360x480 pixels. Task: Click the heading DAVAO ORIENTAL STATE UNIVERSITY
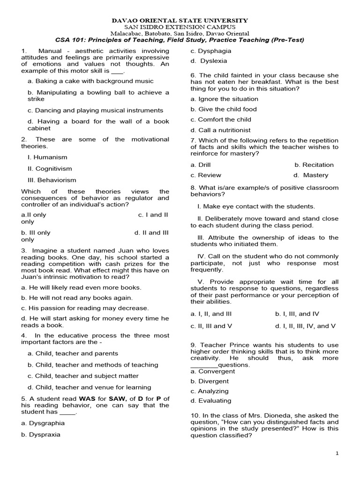pos(180,21)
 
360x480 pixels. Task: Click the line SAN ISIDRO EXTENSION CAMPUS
pos(180,27)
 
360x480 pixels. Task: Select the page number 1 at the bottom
pos(337,454)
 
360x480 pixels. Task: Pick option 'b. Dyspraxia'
pos(41,434)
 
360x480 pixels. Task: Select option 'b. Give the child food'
pos(224,109)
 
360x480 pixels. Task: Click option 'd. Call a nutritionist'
pos(220,130)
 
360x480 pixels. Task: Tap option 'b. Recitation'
pos(314,165)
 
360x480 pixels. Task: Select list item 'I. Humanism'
pos(47,157)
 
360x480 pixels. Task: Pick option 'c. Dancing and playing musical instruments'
pos(95,110)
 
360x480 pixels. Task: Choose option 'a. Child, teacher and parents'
pos(73,353)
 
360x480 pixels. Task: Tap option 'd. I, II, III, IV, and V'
pos(305,326)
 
